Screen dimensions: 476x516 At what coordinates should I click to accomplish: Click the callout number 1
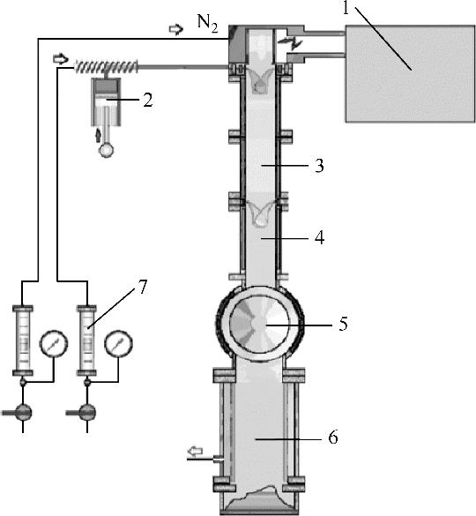[x=346, y=8]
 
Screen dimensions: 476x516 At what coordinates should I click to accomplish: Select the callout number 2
[x=148, y=100]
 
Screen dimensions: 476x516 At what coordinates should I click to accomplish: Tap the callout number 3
[x=319, y=166]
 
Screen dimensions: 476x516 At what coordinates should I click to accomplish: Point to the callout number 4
[x=319, y=237]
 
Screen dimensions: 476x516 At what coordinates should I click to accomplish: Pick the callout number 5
[x=343, y=324]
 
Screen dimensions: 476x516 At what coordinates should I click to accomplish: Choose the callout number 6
[x=333, y=437]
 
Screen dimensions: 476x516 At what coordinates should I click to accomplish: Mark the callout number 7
[x=142, y=287]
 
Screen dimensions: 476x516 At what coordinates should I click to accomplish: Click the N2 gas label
[x=207, y=24]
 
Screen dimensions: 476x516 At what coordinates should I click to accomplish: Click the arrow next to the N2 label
[x=176, y=29]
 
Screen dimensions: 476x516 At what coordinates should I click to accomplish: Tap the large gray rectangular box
[x=410, y=74]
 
